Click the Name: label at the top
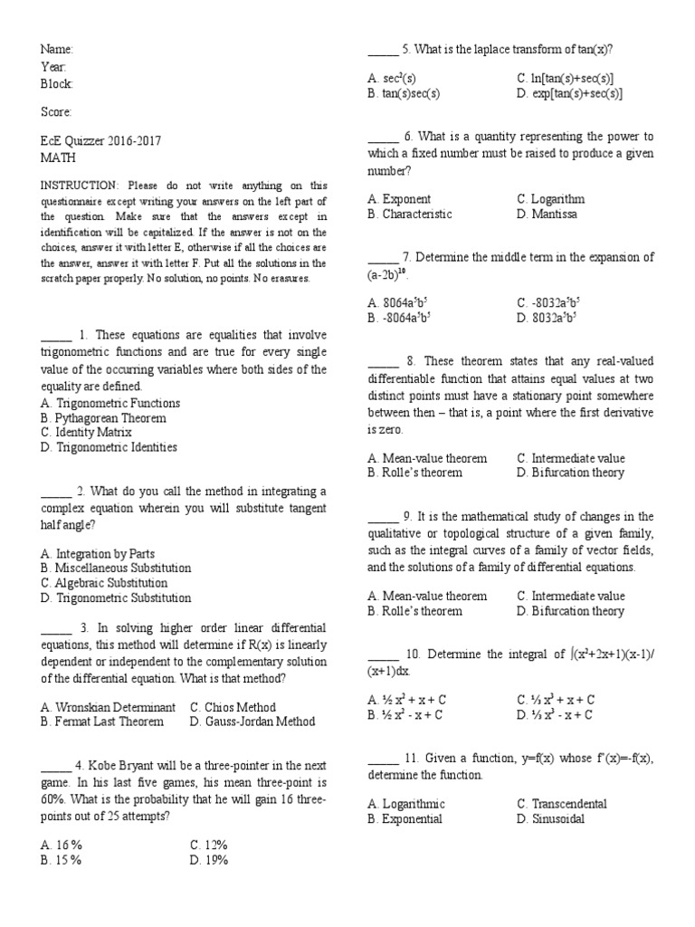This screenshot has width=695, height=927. tap(57, 49)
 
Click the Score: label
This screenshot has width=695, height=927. tap(56, 112)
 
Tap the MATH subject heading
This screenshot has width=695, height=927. tap(57, 157)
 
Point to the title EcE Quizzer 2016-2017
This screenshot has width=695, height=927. tap(101, 141)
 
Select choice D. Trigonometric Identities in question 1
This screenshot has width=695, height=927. tap(109, 447)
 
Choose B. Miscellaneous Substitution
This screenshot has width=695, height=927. tap(116, 569)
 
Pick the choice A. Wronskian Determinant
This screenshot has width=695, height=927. tap(109, 707)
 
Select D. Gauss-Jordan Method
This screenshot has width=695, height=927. tap(252, 722)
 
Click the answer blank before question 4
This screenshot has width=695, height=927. tap(56, 766)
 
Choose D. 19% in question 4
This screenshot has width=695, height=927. tap(209, 860)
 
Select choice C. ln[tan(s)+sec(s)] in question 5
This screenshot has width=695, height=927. tap(566, 79)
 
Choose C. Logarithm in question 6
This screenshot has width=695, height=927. tap(551, 199)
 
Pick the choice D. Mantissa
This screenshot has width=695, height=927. tap(547, 215)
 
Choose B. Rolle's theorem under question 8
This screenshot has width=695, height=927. tap(414, 473)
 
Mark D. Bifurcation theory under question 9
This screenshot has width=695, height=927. tap(570, 611)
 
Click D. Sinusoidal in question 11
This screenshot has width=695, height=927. tap(551, 819)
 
